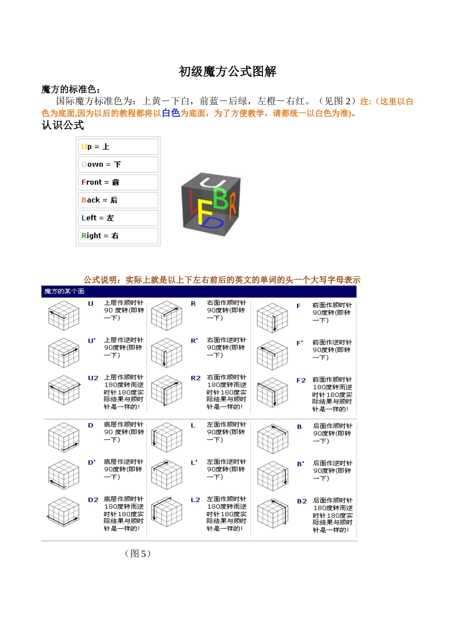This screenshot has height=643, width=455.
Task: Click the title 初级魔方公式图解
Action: [227, 72]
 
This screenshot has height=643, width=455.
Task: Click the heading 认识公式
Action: [63, 125]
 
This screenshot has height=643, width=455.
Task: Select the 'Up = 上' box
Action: [118, 147]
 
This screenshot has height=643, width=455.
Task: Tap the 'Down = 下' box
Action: [118, 165]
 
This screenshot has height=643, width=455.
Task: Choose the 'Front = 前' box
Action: [118, 182]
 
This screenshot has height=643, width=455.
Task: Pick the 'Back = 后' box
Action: [118, 200]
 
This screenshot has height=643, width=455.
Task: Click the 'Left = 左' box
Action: [118, 218]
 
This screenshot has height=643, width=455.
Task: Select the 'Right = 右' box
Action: [118, 235]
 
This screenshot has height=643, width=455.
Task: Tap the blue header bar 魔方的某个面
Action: [199, 291]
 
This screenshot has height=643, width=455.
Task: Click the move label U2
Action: [93, 378]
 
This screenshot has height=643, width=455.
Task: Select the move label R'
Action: [194, 341]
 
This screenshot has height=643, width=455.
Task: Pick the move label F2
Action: [301, 380]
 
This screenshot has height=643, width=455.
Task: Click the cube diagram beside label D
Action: [64, 437]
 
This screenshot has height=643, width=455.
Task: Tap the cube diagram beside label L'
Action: [167, 474]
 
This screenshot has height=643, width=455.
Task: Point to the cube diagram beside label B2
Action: [273, 513]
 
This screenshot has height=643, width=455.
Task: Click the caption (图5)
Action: [138, 554]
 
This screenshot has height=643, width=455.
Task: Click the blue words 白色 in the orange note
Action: [171, 113]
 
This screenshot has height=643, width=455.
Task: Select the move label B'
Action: [300, 464]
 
